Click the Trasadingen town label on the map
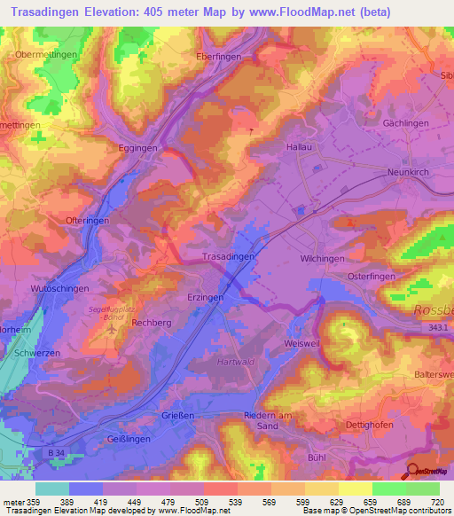coord(230,255)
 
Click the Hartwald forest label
coord(237,362)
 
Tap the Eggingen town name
coord(138,148)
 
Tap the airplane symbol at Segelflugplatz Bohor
coord(112,330)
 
